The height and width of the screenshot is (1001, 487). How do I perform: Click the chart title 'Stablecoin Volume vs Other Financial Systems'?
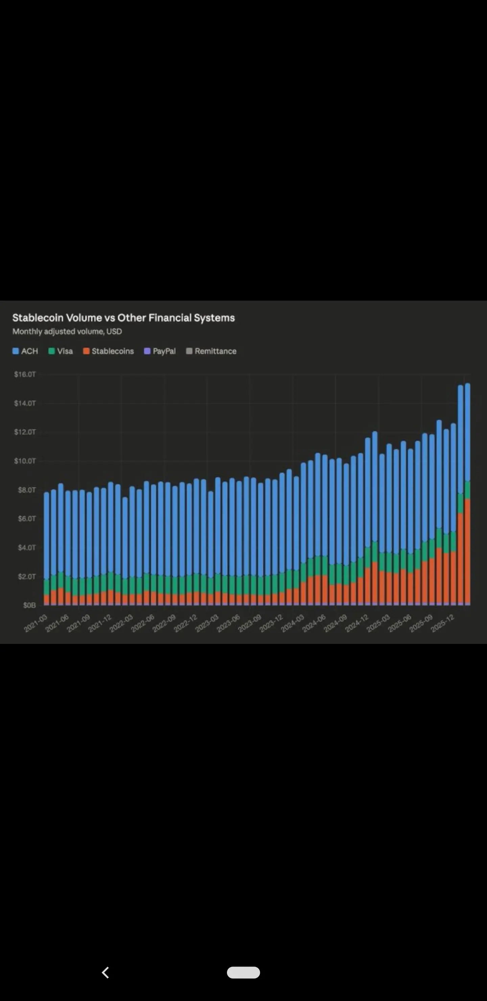123,318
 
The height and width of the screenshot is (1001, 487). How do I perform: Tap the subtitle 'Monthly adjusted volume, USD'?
67,331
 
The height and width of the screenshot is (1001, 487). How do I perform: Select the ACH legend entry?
25,351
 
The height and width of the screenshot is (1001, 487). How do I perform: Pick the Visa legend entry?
61,351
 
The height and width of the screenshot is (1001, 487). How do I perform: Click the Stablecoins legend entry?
109,351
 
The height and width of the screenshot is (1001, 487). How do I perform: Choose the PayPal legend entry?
160,351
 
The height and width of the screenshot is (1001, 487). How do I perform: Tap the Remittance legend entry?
211,351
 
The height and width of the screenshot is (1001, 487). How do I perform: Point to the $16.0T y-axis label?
25,374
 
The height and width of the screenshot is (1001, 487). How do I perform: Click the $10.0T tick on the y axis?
25,461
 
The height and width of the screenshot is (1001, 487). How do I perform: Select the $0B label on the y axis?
29,605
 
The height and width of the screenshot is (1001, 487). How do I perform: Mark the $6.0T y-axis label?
26,518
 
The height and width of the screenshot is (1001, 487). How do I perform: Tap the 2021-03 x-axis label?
36,623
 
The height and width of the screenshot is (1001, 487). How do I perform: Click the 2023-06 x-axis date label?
229,623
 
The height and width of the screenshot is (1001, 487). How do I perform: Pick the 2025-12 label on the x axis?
443,623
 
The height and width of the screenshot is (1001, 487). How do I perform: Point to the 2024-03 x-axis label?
293,623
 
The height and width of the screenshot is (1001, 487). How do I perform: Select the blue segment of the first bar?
47,536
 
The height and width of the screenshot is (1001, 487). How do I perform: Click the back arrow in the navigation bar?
105,972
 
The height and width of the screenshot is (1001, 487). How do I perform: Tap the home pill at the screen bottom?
243,972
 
